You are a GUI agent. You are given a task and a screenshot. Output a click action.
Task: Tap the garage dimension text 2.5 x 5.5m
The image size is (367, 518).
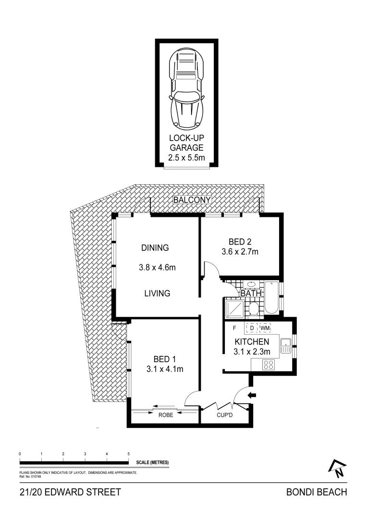coord(186,157)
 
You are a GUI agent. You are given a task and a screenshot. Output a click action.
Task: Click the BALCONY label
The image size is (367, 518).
coord(192,200)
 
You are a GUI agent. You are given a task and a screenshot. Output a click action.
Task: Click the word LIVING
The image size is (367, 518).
coord(157,293)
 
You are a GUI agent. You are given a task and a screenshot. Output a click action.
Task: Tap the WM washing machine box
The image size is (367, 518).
coord(266,328)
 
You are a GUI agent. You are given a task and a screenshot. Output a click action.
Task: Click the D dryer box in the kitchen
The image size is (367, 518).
coord(252,328)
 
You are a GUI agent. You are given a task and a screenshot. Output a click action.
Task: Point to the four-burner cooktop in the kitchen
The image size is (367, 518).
coord(269,365)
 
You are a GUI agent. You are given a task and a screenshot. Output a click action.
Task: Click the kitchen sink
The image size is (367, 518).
coord(285,345)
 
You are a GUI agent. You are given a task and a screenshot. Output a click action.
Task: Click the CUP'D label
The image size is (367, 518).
coord(224,415)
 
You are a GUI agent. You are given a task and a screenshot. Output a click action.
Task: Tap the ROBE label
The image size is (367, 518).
coord(165,415)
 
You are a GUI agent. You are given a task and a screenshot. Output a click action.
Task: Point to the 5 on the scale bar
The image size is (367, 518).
coord(128,453)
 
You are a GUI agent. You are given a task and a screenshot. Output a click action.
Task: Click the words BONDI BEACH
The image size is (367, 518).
coord(316,492)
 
